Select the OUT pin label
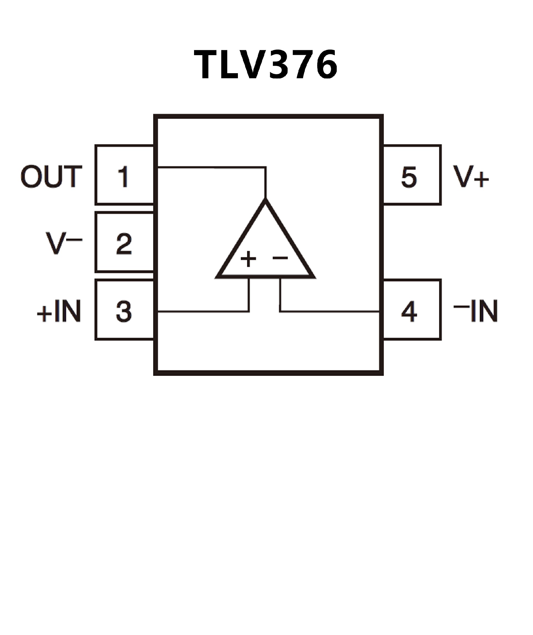click(x=51, y=176)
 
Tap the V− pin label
click(x=64, y=243)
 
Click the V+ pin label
click(x=471, y=177)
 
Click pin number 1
click(x=124, y=176)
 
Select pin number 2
click(x=124, y=243)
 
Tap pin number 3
click(x=124, y=311)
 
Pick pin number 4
click(x=409, y=311)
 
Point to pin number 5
click(x=409, y=177)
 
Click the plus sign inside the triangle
click(x=248, y=259)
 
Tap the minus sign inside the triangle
click(x=280, y=257)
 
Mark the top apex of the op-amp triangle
click(x=265, y=200)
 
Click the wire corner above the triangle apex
click(x=266, y=167)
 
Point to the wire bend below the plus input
click(x=249, y=311)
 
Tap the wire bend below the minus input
click(x=280, y=311)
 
